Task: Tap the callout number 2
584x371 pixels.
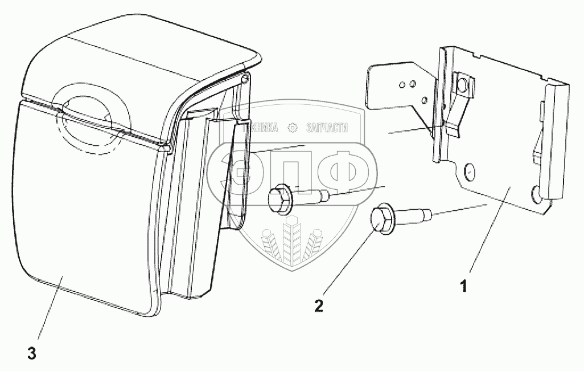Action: [x=319, y=306]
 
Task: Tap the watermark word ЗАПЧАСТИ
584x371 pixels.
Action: [x=327, y=128]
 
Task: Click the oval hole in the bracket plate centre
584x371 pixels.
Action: [x=470, y=170]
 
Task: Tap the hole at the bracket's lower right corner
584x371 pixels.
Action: [x=535, y=194]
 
